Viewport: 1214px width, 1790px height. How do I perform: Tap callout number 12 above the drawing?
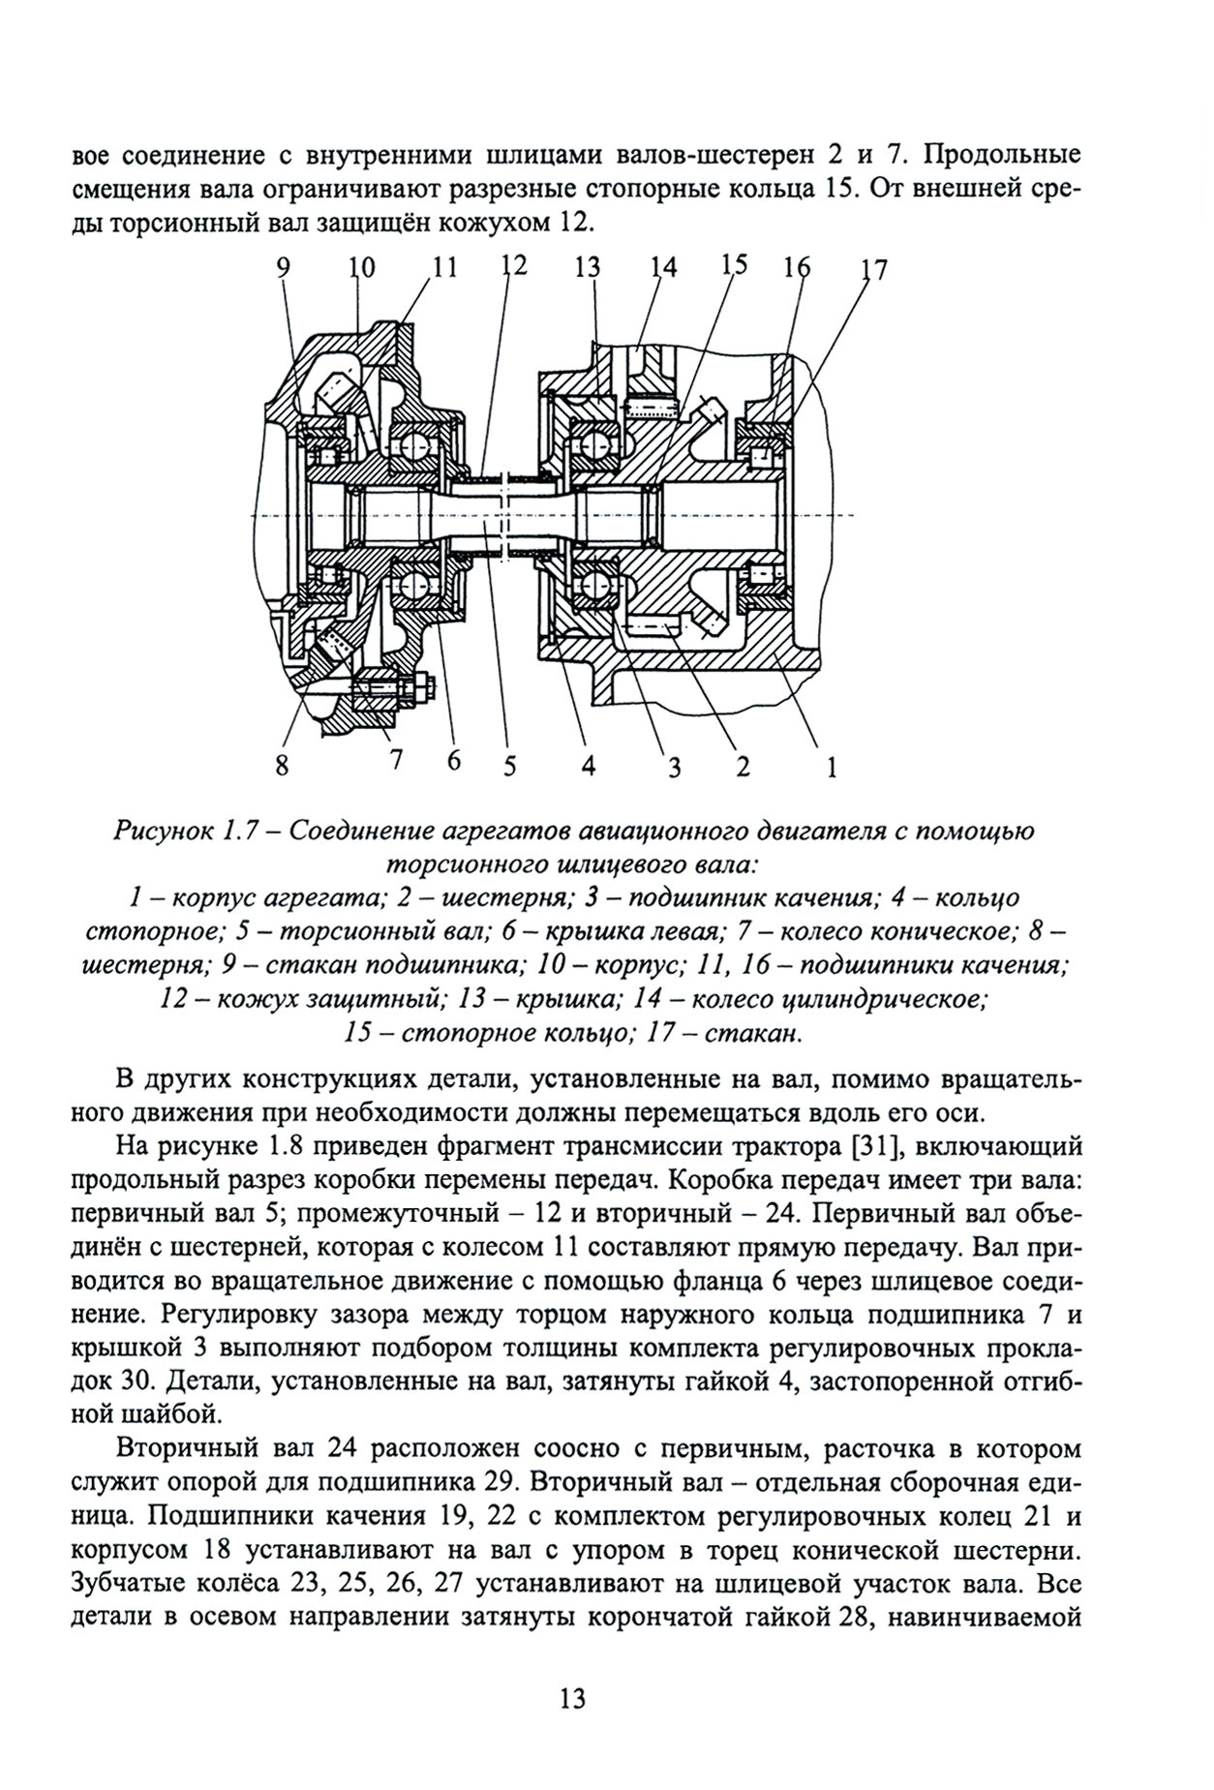(x=513, y=266)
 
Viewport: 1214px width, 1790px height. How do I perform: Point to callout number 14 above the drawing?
(x=663, y=267)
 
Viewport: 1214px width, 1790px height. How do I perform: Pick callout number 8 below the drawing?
(x=282, y=766)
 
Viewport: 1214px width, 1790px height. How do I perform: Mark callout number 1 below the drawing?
(x=830, y=768)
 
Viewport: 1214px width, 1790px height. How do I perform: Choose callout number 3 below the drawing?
(x=674, y=768)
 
